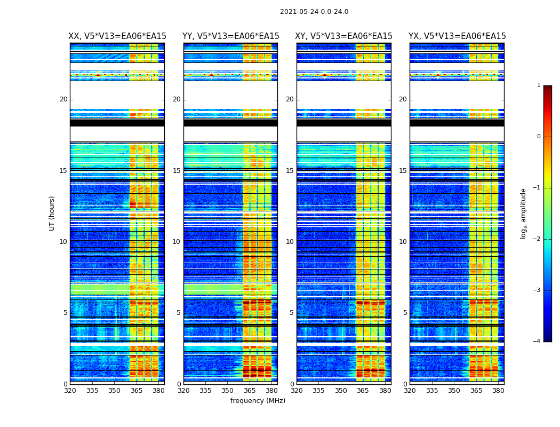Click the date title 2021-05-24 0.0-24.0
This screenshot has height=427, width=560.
pos(314,12)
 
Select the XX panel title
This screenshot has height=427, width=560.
pos(117,36)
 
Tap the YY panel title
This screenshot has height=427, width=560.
pos(230,36)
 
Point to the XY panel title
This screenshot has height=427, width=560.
pos(344,36)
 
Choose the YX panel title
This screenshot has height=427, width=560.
pos(457,36)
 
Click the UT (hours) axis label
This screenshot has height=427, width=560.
pos(52,213)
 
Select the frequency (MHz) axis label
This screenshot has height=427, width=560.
pos(258,401)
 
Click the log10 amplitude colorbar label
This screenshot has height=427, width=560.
pos(524,213)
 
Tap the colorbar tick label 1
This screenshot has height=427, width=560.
pos(539,85)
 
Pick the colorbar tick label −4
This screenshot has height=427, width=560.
pos(537,342)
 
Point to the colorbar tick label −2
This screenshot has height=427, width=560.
pos(537,239)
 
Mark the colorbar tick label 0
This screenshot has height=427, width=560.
pos(539,137)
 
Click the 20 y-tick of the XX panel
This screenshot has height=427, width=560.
pos(63,99)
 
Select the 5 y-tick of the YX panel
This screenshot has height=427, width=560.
pos(405,313)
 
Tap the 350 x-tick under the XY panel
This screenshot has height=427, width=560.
pos(341,390)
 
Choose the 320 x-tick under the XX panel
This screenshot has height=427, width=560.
pos(70,390)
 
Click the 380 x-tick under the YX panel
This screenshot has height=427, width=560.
pos(498,390)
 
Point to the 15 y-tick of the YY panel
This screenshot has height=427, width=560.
pos(177,171)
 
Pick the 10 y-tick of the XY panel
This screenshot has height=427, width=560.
pos(290,242)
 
